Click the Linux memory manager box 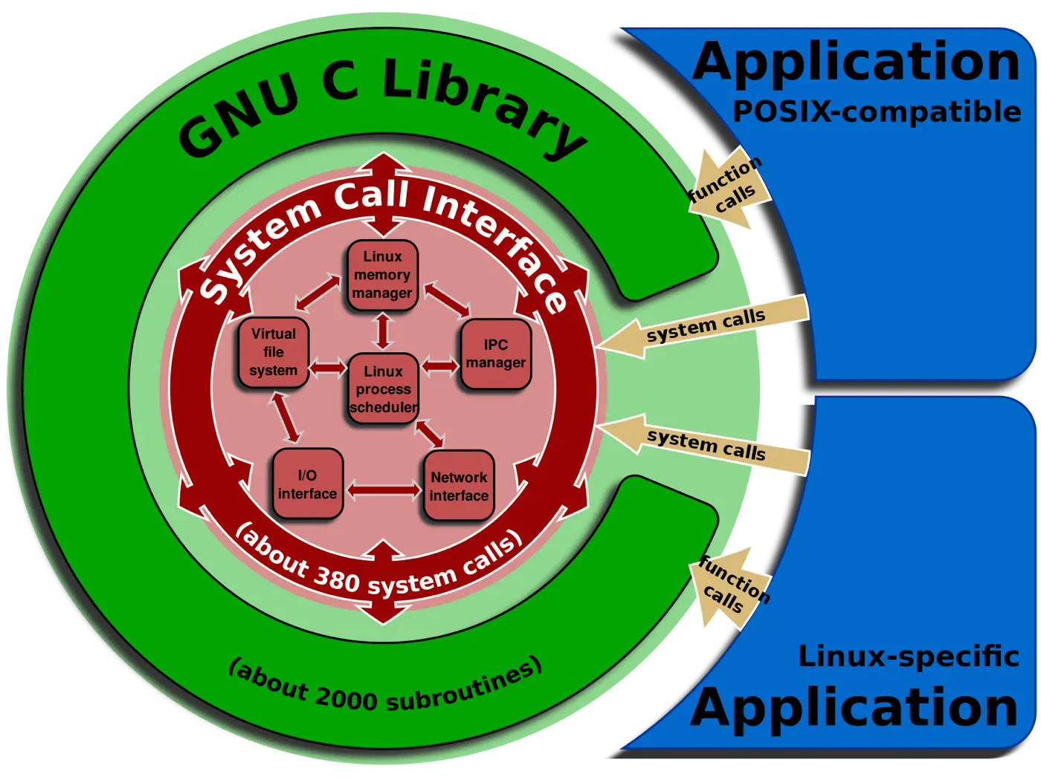[x=382, y=275]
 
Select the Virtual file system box [x=274, y=353]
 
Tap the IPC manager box [x=496, y=354]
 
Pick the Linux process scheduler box [x=383, y=389]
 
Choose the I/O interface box [x=307, y=484]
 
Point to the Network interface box [x=459, y=486]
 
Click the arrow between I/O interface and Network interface [x=383, y=490]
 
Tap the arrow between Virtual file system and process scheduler [x=328, y=367]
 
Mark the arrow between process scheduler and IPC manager [x=440, y=365]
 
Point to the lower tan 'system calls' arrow [x=703, y=444]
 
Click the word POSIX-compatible [x=877, y=112]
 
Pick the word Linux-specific [x=908, y=657]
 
